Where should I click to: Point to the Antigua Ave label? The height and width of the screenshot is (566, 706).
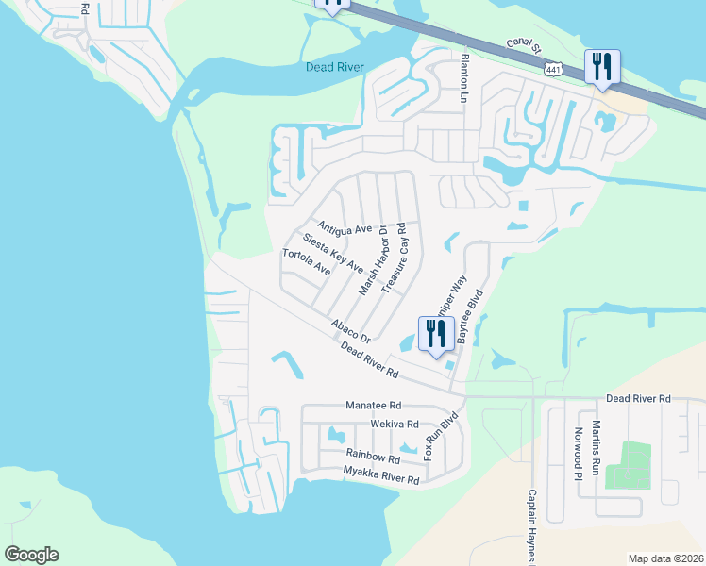coord(345,229)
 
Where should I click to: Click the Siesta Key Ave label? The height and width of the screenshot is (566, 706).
coord(332,253)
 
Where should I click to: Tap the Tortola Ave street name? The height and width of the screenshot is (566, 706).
coord(306,261)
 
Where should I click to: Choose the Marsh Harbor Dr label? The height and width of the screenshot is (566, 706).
coord(374,260)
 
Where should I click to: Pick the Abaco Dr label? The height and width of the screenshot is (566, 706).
coord(351,331)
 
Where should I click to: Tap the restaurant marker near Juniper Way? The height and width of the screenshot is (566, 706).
coord(435,336)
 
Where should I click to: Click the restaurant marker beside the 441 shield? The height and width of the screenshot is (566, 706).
coord(601,67)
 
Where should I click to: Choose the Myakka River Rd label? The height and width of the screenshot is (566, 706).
coord(380,475)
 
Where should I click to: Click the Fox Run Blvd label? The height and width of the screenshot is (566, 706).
coord(441,436)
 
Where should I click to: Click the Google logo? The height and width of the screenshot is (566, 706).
coord(32,555)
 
